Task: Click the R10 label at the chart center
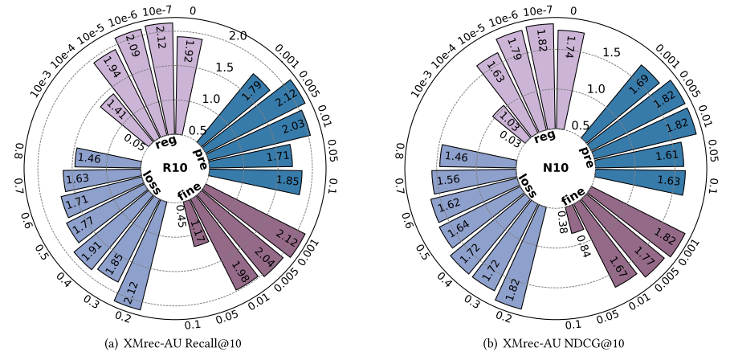(x=174, y=168)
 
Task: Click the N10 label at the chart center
(x=556, y=168)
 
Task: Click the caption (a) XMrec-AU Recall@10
(x=173, y=344)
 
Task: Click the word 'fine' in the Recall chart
(x=189, y=192)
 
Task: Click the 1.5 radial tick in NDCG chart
(x=611, y=52)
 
